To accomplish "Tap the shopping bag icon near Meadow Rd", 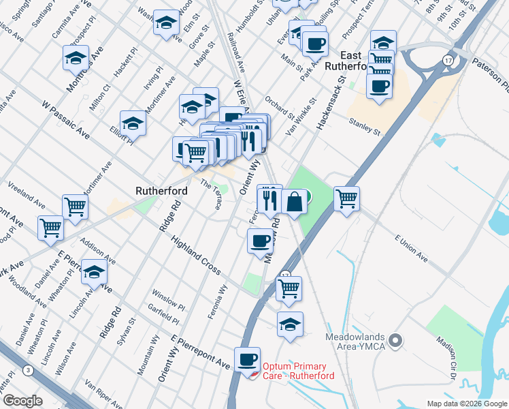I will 294,202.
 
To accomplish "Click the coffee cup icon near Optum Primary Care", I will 247,359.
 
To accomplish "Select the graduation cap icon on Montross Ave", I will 76,59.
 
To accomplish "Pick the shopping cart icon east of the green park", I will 347,199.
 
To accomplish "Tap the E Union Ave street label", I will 411,248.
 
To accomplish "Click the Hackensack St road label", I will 331,103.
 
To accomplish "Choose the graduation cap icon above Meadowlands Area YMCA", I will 291,324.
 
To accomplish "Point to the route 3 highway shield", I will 28,370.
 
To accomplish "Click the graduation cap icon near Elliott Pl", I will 133,123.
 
